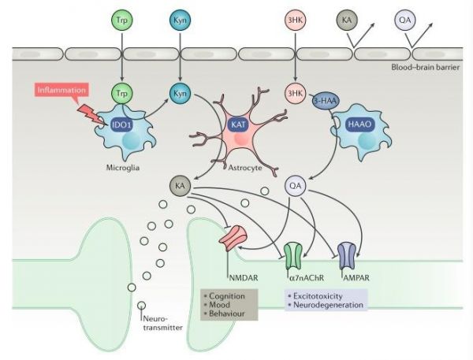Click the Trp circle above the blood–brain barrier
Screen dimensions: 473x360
point(122,20)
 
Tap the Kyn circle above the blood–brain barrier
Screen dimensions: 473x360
point(180,20)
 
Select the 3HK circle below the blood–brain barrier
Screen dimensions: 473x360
point(295,93)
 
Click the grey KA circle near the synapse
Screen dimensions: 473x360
point(180,185)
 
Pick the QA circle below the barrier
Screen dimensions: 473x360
point(295,185)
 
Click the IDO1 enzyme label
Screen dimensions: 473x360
point(121,124)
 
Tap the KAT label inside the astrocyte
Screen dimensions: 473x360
point(238,124)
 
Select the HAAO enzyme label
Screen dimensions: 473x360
point(360,124)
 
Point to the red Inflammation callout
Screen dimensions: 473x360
point(61,90)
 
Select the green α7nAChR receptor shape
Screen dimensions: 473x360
point(292,256)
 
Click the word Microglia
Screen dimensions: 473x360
point(123,167)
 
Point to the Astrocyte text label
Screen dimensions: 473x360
point(245,167)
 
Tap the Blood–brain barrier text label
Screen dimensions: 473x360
point(426,67)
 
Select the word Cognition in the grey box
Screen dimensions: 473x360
point(227,296)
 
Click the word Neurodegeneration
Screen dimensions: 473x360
point(328,305)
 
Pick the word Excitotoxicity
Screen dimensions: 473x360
point(318,296)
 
